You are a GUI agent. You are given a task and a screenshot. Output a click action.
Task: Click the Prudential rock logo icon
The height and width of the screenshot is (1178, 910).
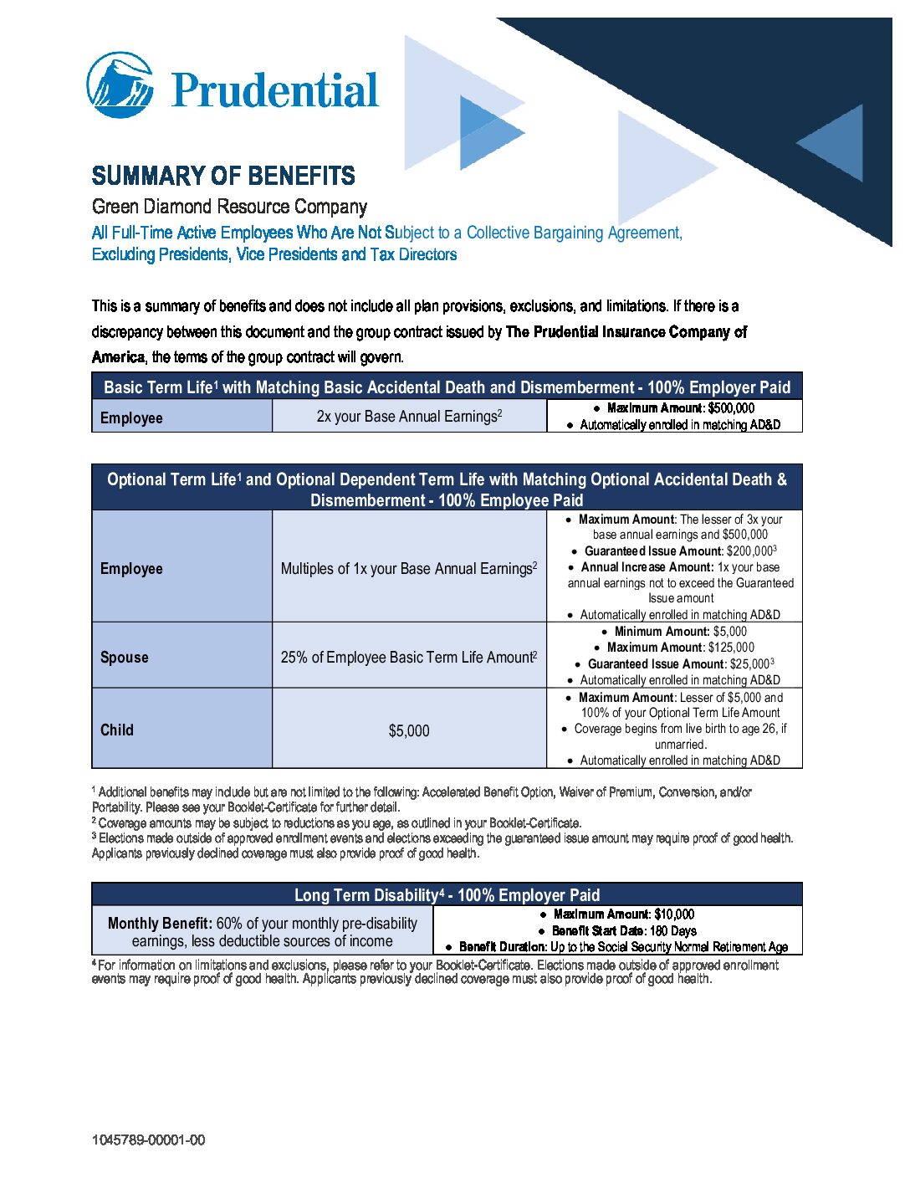click(120, 85)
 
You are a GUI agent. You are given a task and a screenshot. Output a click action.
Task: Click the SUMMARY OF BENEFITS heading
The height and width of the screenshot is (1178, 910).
click(223, 176)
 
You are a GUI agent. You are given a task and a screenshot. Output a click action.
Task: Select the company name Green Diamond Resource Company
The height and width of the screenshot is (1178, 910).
click(229, 207)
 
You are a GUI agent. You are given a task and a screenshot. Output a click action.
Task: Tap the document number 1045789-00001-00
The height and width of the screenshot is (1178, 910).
click(148, 1140)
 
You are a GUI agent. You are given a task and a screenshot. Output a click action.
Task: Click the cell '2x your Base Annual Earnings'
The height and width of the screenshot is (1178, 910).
click(409, 416)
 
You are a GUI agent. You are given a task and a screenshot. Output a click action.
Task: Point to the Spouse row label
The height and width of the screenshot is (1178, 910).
click(125, 657)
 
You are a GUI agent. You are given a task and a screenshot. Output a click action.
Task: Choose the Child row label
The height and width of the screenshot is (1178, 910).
click(117, 730)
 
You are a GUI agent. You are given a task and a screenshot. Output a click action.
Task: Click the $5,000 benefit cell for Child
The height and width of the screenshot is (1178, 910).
click(409, 730)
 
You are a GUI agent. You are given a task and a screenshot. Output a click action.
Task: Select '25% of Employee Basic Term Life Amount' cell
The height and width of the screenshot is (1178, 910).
click(409, 657)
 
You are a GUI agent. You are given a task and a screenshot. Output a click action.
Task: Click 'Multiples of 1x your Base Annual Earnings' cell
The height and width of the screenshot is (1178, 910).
click(409, 568)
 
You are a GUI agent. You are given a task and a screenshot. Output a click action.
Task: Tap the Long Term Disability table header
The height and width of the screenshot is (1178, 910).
click(447, 894)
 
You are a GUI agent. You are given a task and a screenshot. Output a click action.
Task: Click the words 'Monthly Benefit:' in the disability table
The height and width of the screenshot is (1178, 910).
click(160, 924)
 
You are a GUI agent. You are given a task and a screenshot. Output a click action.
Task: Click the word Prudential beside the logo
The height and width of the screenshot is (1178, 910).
click(275, 90)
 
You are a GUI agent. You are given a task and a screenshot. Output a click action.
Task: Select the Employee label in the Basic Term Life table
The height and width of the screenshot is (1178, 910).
click(131, 417)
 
